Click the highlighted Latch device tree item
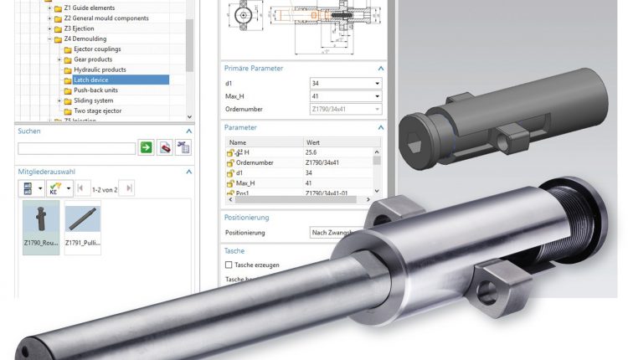91,80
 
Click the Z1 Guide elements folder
90,8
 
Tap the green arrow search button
146,148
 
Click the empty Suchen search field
76,148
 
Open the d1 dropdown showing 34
345,84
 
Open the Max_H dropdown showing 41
345,96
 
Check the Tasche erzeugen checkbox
229,265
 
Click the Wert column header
313,143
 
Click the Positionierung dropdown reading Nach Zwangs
335,232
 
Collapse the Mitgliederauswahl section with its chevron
188,171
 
